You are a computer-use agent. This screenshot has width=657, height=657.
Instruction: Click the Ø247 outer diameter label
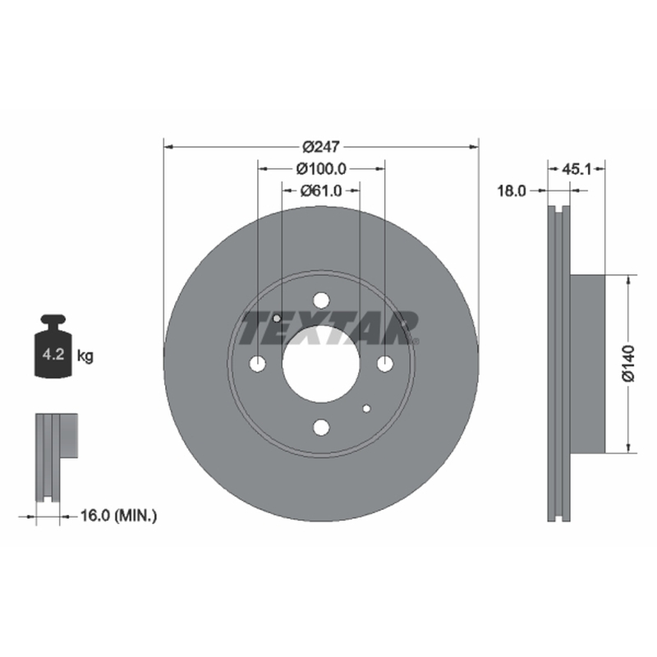click(321, 147)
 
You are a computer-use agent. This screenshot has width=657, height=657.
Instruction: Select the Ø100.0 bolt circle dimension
click(321, 169)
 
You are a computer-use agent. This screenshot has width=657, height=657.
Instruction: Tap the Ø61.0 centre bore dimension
click(321, 191)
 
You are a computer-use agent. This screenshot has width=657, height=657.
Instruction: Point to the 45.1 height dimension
click(577, 169)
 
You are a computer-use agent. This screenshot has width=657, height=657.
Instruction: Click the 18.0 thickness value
click(511, 191)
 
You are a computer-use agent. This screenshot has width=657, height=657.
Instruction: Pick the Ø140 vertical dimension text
click(628, 364)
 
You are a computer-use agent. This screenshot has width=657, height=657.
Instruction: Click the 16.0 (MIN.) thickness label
click(118, 516)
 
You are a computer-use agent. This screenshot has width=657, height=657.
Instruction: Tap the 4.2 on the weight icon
click(53, 355)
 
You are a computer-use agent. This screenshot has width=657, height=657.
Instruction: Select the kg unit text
click(85, 356)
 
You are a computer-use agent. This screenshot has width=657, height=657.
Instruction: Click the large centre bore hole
click(321, 364)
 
